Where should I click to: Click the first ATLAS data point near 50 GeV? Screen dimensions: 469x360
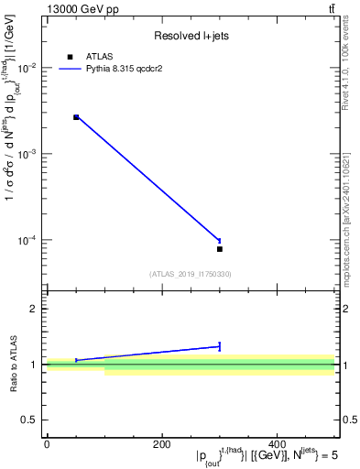click(x=76, y=117)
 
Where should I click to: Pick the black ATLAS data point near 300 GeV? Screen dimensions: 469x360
click(x=220, y=249)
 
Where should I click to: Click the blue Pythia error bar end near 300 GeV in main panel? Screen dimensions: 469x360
click(x=220, y=240)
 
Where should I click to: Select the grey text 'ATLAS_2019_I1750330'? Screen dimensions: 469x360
click(x=190, y=273)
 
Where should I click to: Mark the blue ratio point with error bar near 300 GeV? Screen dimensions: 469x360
click(x=220, y=346)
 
